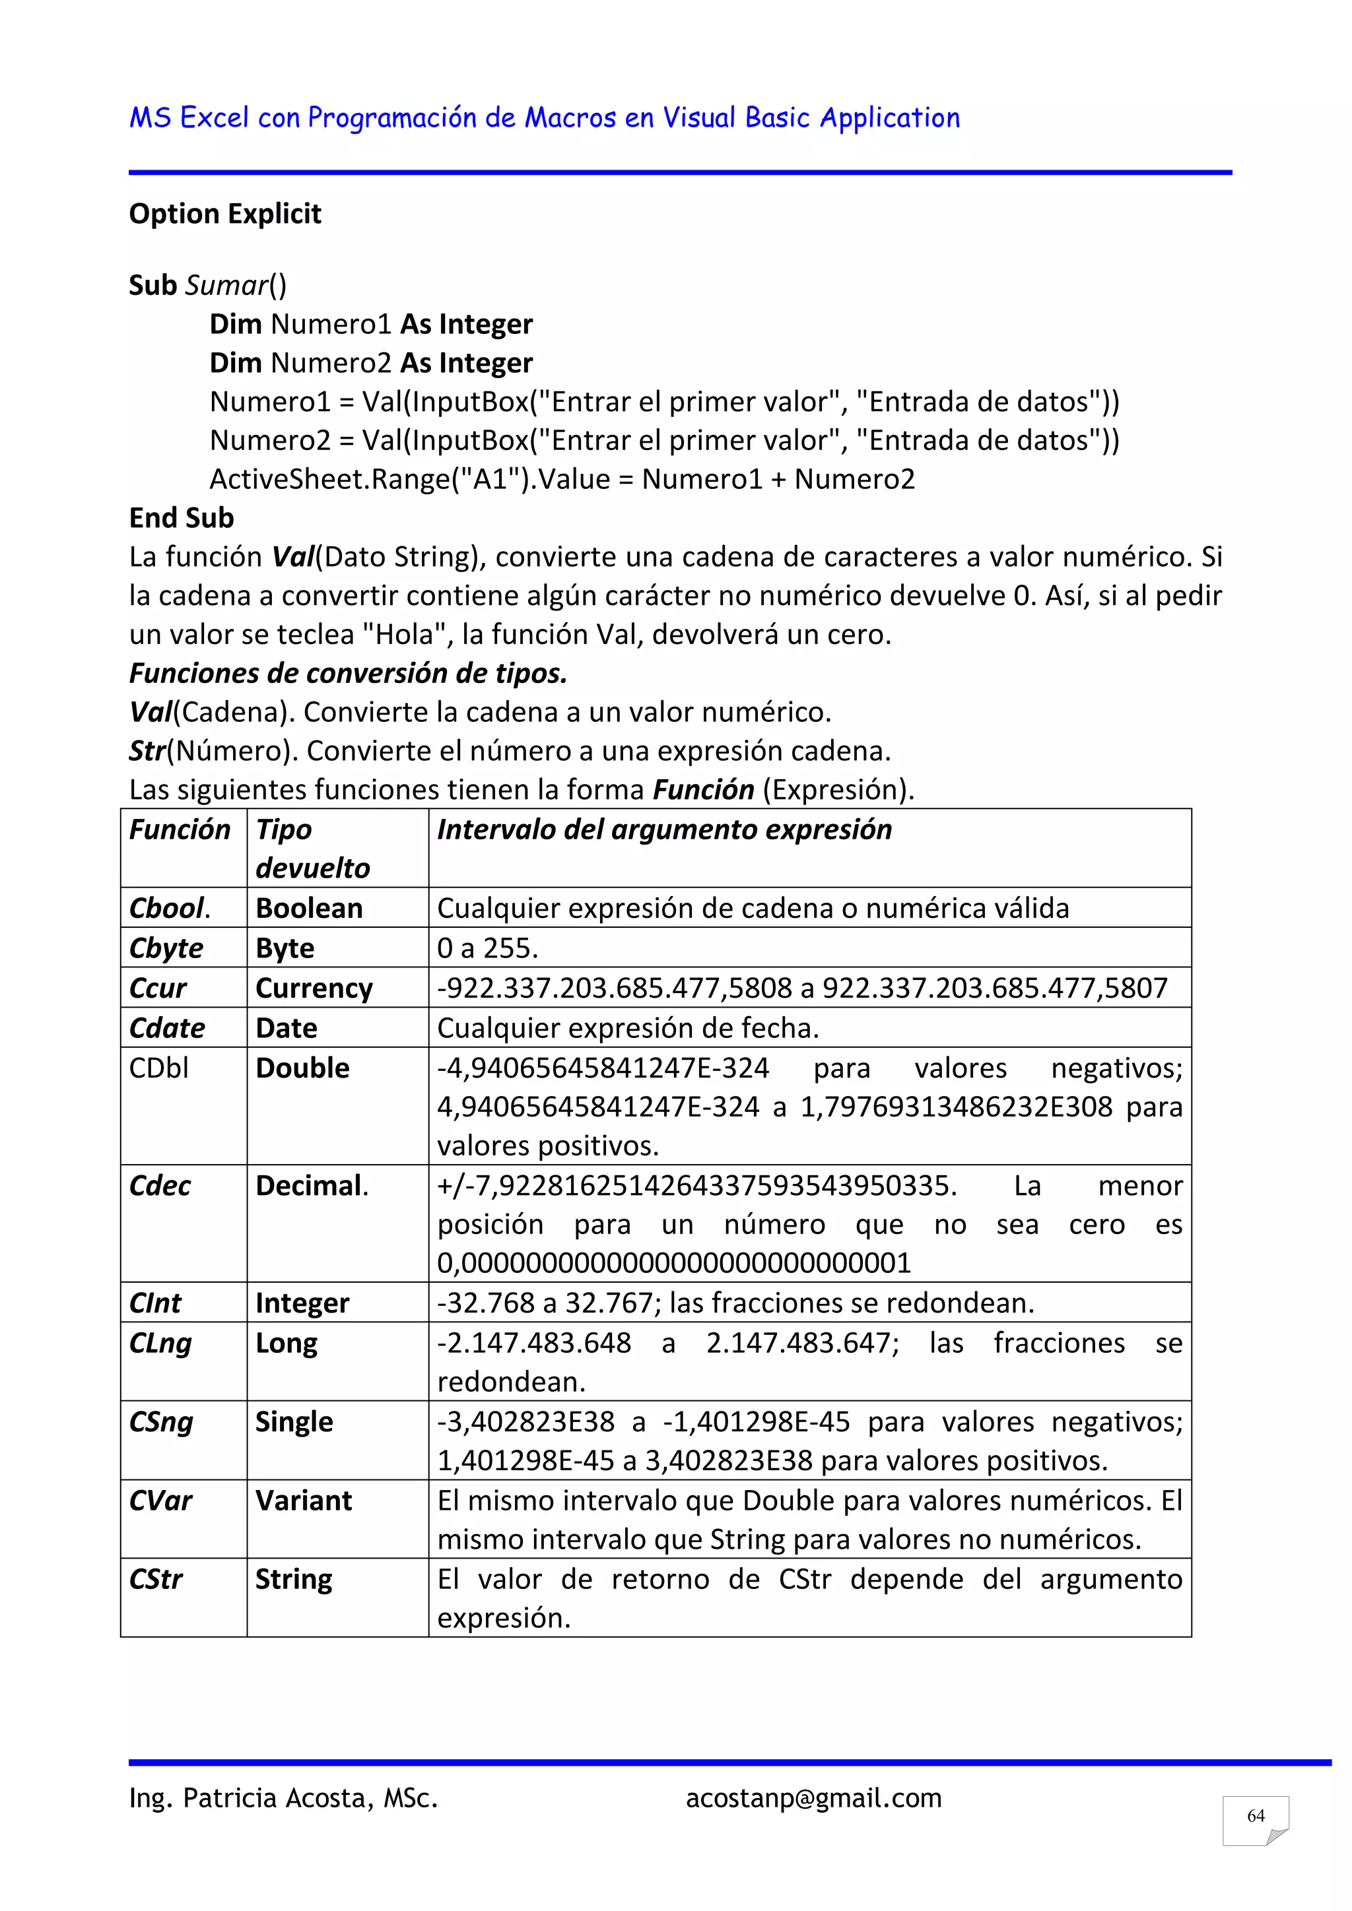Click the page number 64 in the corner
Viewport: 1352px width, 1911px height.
(1256, 1816)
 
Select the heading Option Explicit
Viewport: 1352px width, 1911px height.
(224, 214)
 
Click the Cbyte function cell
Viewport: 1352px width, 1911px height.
(166, 948)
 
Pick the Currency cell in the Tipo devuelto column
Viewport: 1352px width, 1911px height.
(314, 988)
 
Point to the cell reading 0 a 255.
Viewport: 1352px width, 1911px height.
(488, 948)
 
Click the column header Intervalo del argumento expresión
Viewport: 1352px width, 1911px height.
(664, 830)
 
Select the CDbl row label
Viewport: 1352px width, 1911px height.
(159, 1068)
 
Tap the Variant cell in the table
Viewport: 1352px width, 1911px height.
(304, 1500)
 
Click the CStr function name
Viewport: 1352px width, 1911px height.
(156, 1579)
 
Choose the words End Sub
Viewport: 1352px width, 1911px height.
(182, 518)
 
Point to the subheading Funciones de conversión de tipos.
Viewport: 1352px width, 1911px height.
(348, 672)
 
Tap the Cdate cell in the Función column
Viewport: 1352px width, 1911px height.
(167, 1028)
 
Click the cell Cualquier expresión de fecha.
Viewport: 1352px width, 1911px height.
(628, 1028)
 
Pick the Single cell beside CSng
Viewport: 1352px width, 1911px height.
(294, 1421)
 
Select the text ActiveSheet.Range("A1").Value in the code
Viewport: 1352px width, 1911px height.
(409, 480)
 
